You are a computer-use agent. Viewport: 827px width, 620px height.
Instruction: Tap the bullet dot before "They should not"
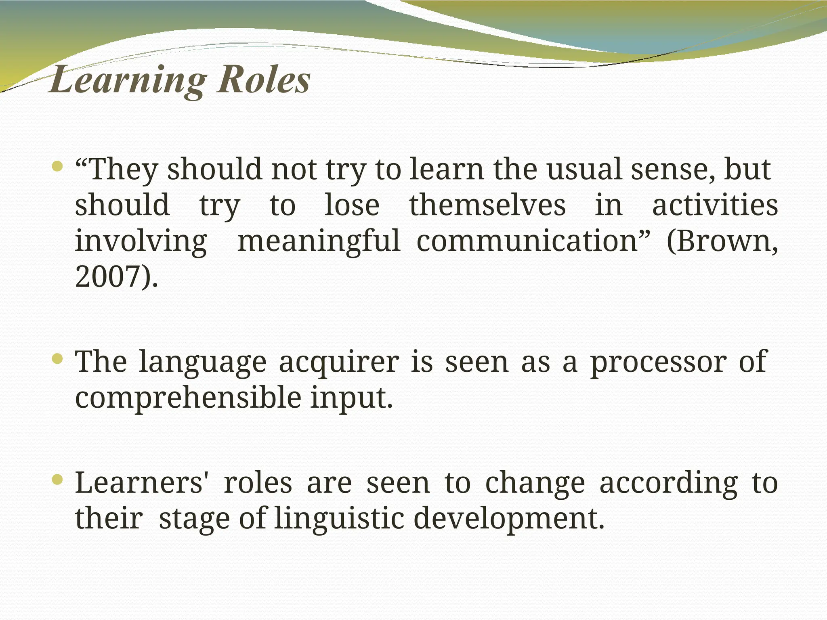click(58, 166)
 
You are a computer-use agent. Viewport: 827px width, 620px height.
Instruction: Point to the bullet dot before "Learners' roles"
click(58, 479)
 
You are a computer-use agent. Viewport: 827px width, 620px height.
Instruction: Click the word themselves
click(487, 205)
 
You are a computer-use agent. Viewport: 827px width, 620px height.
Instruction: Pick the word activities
click(715, 205)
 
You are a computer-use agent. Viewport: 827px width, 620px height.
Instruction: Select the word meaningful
click(319, 241)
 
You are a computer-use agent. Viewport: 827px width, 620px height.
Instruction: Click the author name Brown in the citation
click(721, 241)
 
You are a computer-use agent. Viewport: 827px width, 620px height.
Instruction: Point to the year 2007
click(107, 277)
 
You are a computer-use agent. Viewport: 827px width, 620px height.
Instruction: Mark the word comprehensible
click(188, 398)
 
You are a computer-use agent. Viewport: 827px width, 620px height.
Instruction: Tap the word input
click(351, 398)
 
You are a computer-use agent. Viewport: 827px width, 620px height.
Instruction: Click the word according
click(668, 483)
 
